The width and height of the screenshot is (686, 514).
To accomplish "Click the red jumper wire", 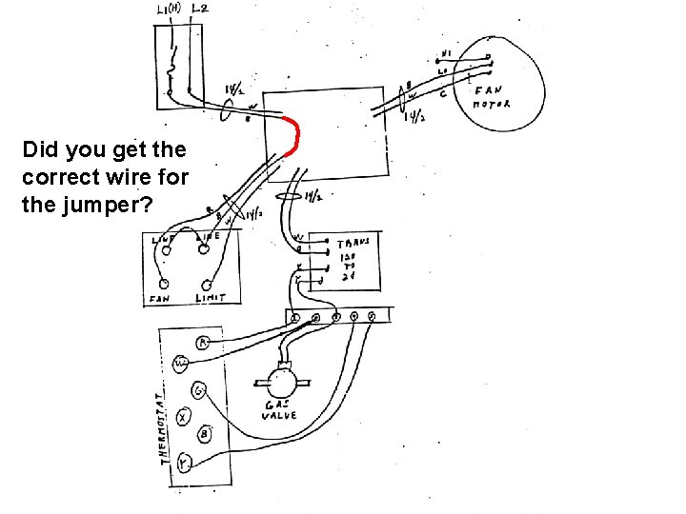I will [x=296, y=136].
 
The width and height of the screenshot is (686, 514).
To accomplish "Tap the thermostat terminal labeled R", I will [x=202, y=343].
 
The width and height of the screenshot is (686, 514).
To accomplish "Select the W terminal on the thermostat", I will [x=181, y=364].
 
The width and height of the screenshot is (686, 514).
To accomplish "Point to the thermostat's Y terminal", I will [x=183, y=463].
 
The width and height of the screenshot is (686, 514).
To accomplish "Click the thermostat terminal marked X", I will [x=184, y=416].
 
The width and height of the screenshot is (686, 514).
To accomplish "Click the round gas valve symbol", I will [x=281, y=384].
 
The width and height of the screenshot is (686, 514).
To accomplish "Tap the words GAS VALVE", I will [x=280, y=410].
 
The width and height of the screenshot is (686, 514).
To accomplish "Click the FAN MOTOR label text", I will [x=492, y=96].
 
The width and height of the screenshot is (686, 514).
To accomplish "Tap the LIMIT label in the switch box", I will [x=210, y=298].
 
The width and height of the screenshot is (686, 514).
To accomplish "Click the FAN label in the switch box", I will [x=158, y=299].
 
